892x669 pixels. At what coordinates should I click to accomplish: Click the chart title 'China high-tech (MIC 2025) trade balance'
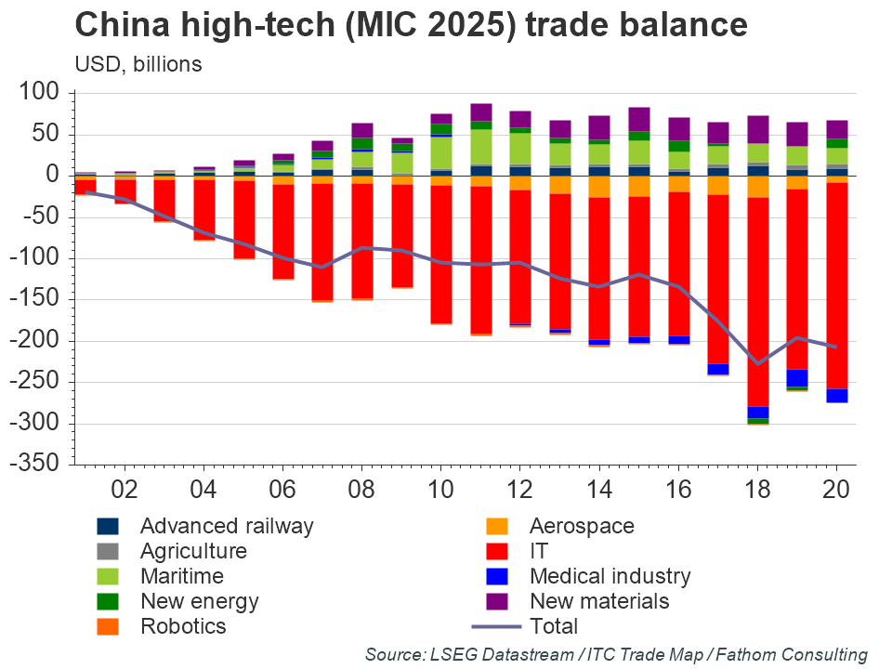pyautogui.click(x=411, y=25)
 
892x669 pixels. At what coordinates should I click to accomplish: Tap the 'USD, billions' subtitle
pyautogui.click(x=138, y=64)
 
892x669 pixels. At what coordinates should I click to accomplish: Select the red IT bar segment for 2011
pyautogui.click(x=481, y=259)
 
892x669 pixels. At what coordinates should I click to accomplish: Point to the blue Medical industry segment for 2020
pyautogui.click(x=837, y=396)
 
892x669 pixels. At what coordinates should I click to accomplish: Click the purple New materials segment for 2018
pyautogui.click(x=758, y=129)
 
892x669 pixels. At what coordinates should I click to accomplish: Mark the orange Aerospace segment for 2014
pyautogui.click(x=599, y=187)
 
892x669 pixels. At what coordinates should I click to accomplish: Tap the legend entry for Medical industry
pyautogui.click(x=610, y=576)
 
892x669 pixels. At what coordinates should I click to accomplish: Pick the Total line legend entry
pyautogui.click(x=553, y=626)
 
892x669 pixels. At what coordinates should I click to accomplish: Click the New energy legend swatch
pyautogui.click(x=108, y=601)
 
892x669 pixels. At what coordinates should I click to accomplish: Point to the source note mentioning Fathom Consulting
pyautogui.click(x=616, y=655)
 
